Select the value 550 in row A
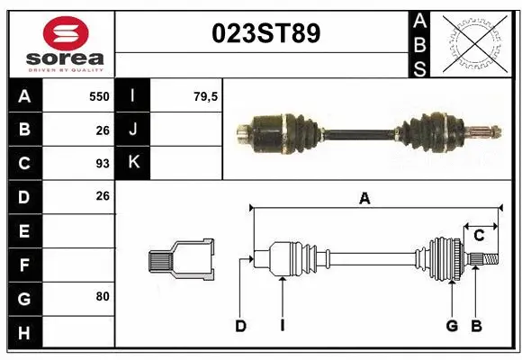pos(99,96)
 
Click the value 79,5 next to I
pos(206,96)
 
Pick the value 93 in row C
pos(102,163)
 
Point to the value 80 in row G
pos(102,295)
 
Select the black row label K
pos(133,163)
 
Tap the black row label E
pos(23,230)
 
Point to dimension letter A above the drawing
pos(364,199)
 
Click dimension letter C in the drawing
pos(479,236)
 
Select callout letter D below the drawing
pos(240,326)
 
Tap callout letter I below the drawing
pos(282,326)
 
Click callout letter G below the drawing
pos(452,326)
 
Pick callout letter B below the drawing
pos(476,326)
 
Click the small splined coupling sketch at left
pos(181,261)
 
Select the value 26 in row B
pos(102,130)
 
